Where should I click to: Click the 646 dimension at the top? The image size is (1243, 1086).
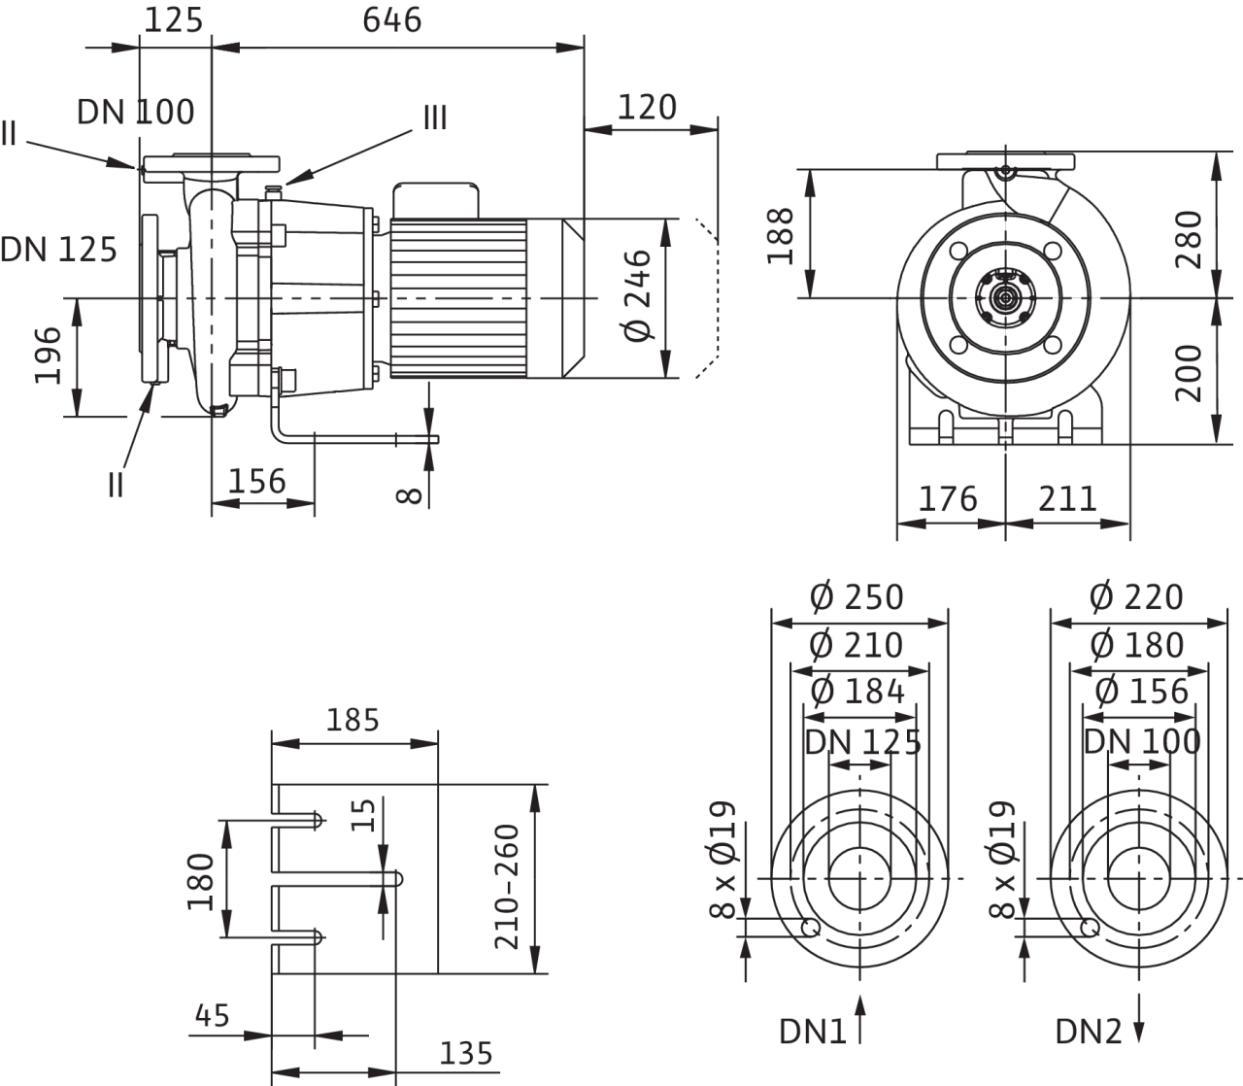click(x=393, y=19)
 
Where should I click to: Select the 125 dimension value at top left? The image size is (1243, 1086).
click(x=176, y=19)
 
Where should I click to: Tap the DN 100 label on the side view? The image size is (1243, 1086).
click(x=136, y=113)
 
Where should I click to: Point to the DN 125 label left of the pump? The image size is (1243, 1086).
click(x=59, y=250)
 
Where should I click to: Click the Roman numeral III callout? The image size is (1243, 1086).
click(x=434, y=119)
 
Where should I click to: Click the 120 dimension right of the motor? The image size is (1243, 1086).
click(x=648, y=106)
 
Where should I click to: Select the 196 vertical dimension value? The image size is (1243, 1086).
click(x=50, y=356)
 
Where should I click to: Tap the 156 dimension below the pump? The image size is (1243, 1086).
click(x=257, y=481)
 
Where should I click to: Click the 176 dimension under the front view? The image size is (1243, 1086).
click(x=947, y=498)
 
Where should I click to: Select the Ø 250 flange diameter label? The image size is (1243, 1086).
click(x=857, y=596)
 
